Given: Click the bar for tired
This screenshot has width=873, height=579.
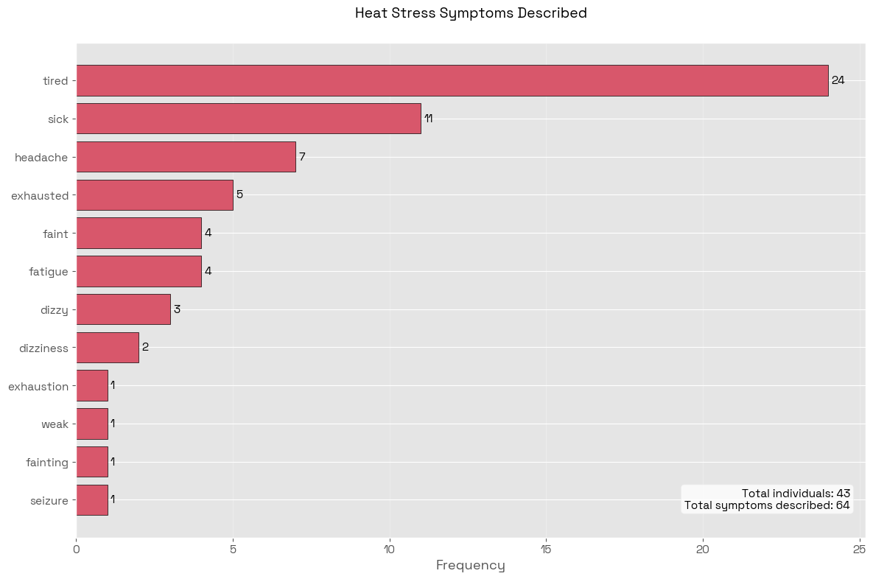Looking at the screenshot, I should coord(452,80).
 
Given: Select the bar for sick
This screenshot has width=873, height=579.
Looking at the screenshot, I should coord(248,119).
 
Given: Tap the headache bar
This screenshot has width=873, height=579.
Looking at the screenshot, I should coord(186,157).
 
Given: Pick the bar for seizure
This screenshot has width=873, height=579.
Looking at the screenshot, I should coord(92,500).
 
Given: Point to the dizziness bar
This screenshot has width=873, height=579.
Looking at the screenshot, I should coord(108,348).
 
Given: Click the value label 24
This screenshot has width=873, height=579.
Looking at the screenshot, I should coord(838,80).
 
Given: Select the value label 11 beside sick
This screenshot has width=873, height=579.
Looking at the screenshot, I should coord(428,119).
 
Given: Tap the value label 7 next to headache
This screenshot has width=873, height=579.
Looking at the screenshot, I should coord(302,157).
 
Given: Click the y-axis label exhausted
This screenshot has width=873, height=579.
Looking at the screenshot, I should coord(40,196).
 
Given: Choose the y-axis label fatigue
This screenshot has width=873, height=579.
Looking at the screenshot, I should coord(49,272).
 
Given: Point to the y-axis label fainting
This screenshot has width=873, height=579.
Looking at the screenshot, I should coord(47,463).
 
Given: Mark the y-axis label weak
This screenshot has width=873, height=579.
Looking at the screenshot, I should coord(55,424).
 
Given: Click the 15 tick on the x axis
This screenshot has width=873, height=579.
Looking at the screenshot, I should coord(546,549).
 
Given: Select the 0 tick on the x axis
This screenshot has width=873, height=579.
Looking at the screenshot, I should coord(77,549).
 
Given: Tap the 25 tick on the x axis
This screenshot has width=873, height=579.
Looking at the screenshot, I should coord(859,549).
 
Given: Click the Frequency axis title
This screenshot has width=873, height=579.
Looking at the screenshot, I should coord(471,565).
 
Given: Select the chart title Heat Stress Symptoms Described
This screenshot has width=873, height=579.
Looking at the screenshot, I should coord(471,13).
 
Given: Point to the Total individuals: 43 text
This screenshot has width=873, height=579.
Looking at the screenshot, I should coord(796,494).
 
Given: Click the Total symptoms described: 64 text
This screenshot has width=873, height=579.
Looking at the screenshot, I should coord(767,505).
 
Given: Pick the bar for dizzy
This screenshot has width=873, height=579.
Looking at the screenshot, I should coord(123,309).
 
